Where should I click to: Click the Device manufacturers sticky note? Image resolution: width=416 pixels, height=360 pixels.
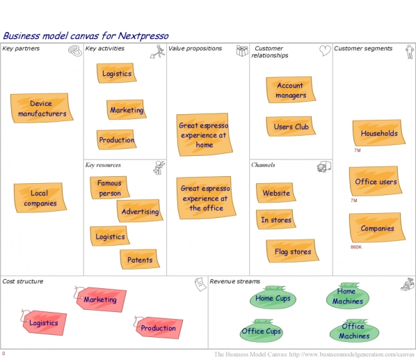point(42,108)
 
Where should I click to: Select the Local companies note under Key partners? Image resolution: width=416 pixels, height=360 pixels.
point(40,198)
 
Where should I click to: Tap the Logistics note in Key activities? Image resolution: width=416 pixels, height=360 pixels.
point(116,74)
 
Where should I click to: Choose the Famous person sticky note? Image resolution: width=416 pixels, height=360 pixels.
point(109,188)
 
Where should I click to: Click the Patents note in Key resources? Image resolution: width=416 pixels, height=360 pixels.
point(140,260)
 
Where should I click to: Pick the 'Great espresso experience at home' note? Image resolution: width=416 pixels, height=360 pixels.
point(204,135)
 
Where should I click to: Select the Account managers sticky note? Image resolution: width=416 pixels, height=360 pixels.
point(290,91)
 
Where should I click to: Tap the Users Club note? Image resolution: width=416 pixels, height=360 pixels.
point(291,127)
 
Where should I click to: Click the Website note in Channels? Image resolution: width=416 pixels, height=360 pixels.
point(276,193)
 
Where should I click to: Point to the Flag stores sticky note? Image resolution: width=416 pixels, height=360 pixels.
point(291,251)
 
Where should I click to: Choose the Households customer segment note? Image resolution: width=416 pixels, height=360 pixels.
point(378,133)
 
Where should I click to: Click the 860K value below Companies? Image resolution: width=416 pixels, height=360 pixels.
point(356,247)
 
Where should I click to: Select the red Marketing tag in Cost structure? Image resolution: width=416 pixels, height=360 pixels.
point(99,299)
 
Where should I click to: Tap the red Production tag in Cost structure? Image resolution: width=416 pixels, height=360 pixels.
point(158,328)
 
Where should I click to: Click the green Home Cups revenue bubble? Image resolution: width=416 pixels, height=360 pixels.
point(273,299)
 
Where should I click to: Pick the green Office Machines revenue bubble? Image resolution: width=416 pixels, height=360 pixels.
point(353,331)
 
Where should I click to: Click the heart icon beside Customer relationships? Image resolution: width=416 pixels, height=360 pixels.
point(324,50)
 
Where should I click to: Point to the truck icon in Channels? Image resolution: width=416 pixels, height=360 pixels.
point(323,166)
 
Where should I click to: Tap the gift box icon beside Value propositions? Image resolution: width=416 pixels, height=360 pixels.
point(242,50)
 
